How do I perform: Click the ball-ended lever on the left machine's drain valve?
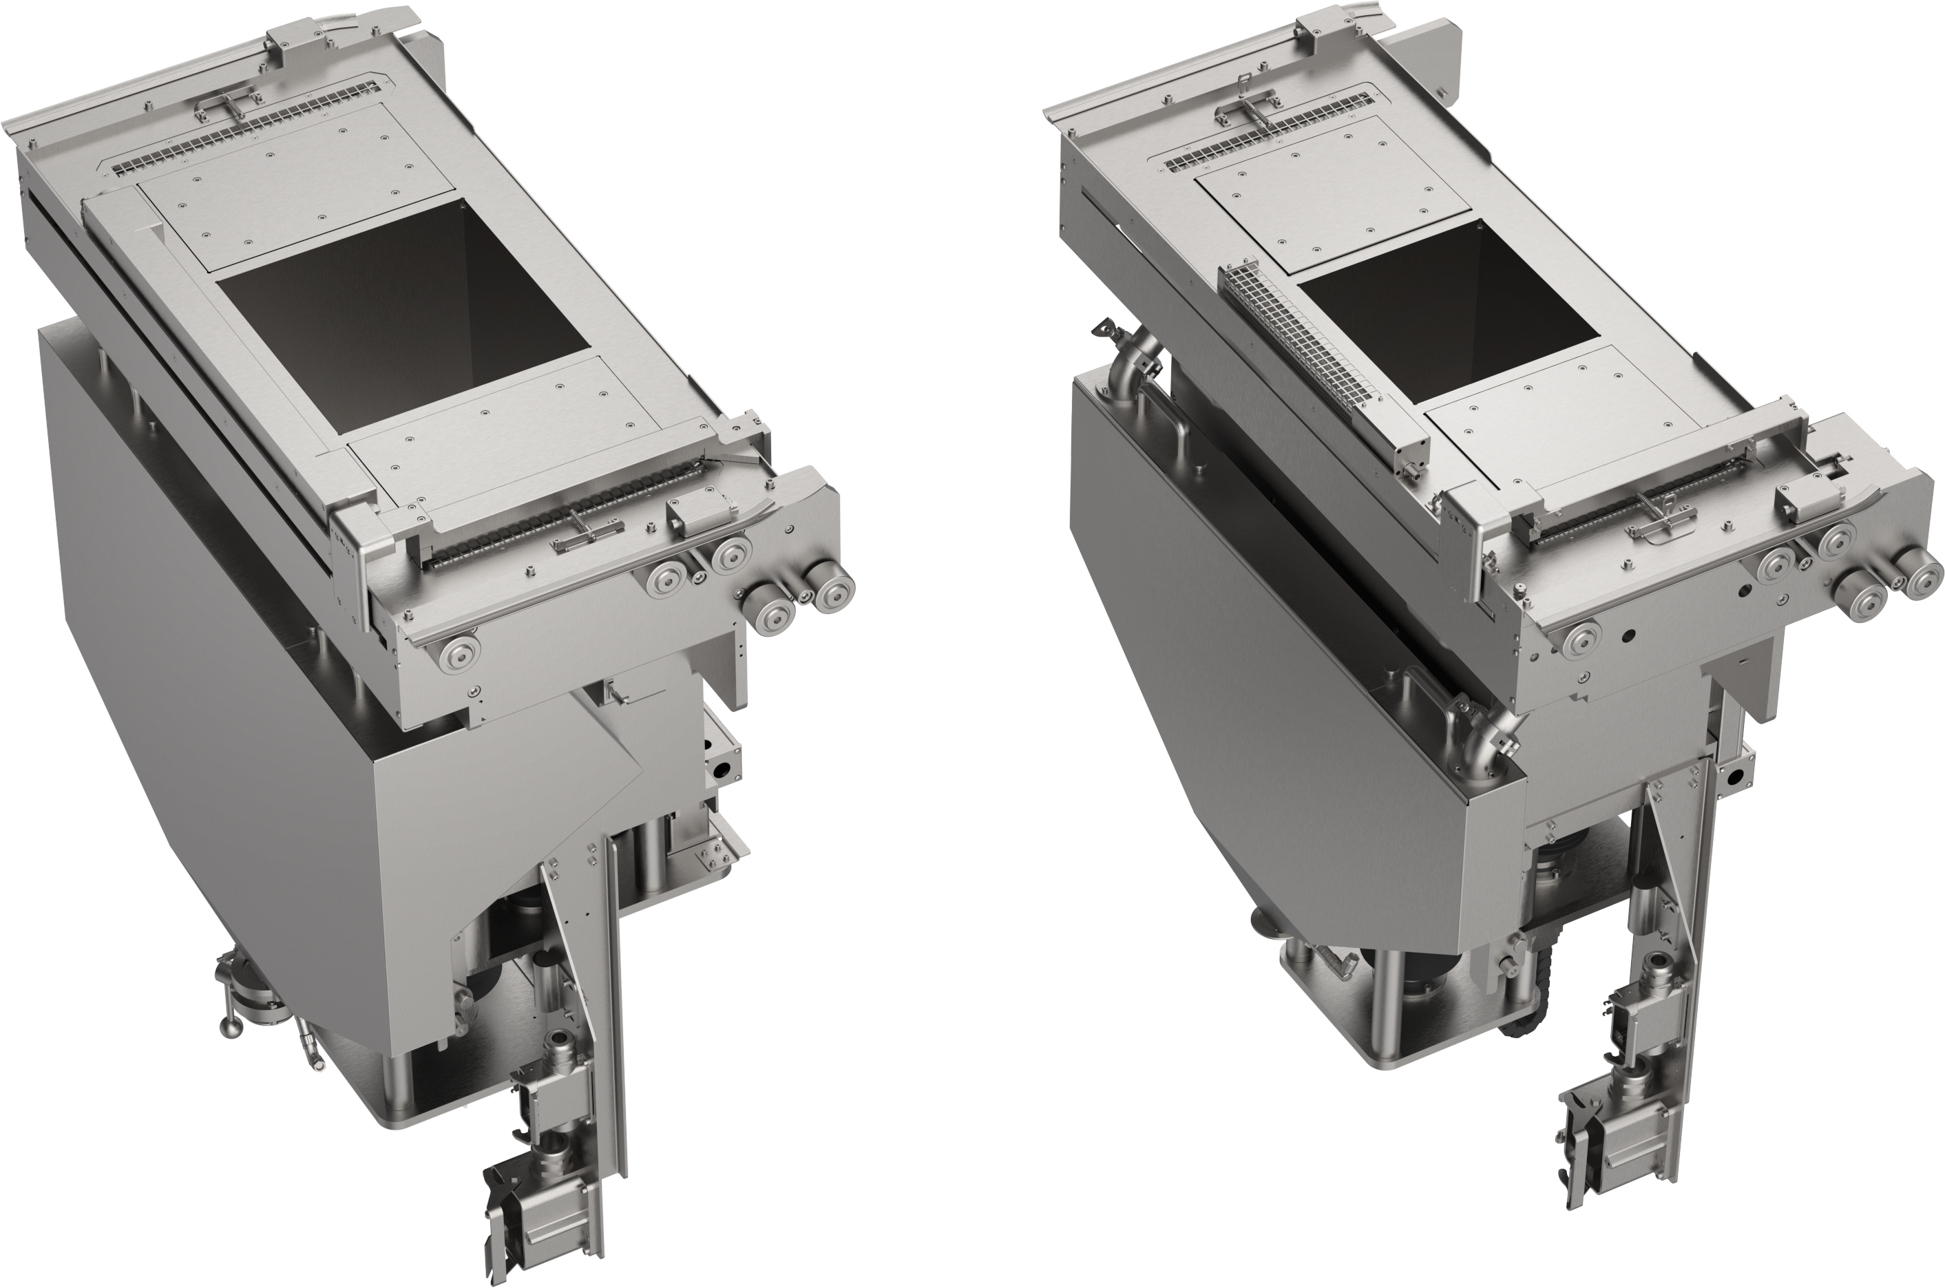pyautogui.click(x=227, y=1027)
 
